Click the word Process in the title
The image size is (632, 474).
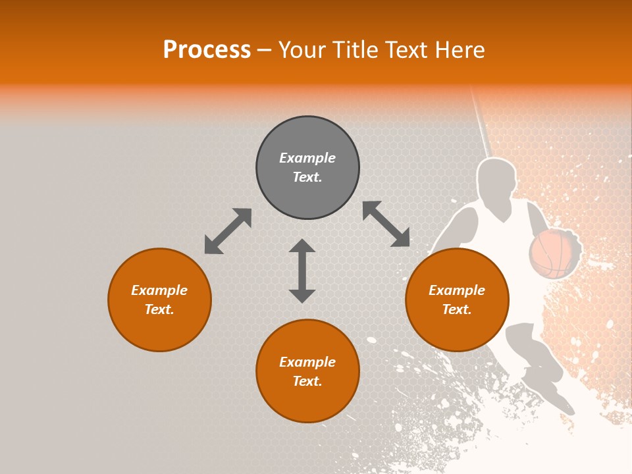pos(207,50)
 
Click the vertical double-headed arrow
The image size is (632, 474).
pos(302,271)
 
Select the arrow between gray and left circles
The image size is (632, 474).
pos(228,231)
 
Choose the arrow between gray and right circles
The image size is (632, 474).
pos(386,224)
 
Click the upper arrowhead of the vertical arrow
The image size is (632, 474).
pos(302,246)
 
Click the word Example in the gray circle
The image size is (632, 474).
pos(307,158)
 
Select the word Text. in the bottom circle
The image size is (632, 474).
pos(307,381)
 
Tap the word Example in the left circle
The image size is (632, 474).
pos(159,290)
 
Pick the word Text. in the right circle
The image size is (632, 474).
pos(457,309)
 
